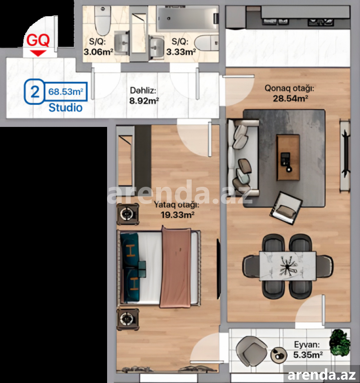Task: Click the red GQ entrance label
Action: (38, 41)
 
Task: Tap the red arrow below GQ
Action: (38, 53)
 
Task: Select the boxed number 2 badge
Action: (35, 92)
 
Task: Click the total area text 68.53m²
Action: (66, 92)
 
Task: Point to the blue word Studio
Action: (65, 108)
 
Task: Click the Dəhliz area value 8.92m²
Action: (144, 100)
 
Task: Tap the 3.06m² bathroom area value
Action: (98, 52)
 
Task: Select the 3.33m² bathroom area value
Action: (181, 52)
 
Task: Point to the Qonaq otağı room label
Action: (289, 88)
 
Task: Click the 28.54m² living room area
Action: (290, 98)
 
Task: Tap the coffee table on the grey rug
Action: (288, 158)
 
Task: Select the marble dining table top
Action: (288, 266)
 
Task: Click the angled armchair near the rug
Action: (286, 208)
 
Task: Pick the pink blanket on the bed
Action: (175, 267)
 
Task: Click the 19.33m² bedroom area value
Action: (178, 215)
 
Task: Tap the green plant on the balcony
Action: (339, 342)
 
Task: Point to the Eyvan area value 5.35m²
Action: (308, 355)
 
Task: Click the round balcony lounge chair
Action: (252, 351)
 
